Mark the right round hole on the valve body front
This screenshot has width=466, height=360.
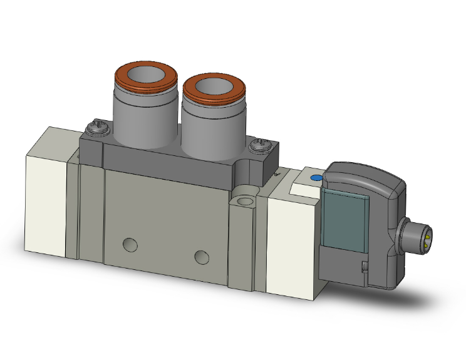tap(201, 256)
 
